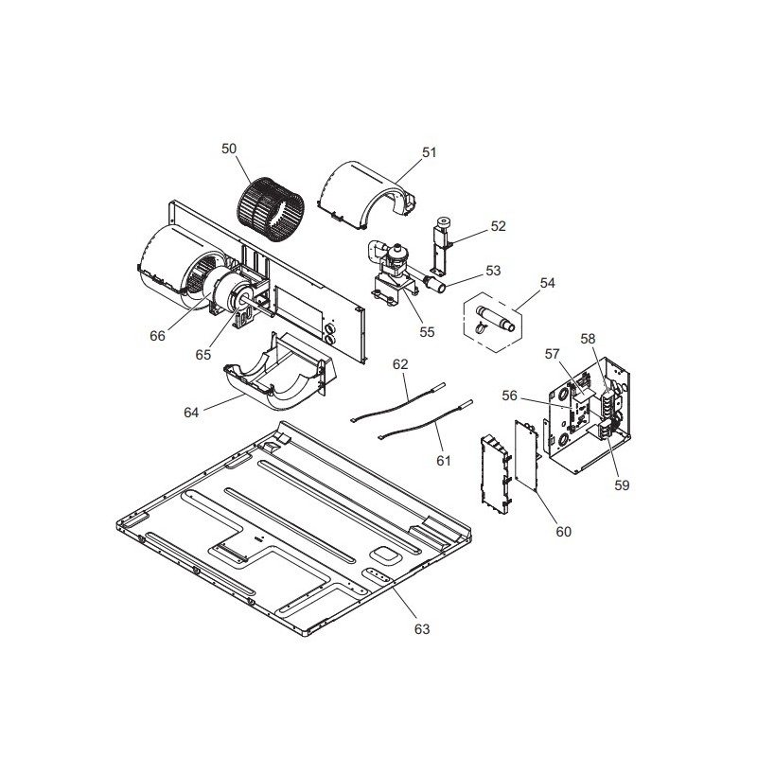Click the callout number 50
click(229, 149)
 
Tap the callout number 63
click(421, 629)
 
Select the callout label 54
click(547, 283)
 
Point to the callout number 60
click(563, 532)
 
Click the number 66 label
click(157, 336)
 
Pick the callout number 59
click(622, 485)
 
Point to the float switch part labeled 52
click(442, 247)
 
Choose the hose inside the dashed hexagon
click(495, 318)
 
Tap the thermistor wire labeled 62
click(397, 402)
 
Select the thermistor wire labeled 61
click(425, 419)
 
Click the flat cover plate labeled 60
click(527, 455)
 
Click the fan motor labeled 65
click(231, 295)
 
